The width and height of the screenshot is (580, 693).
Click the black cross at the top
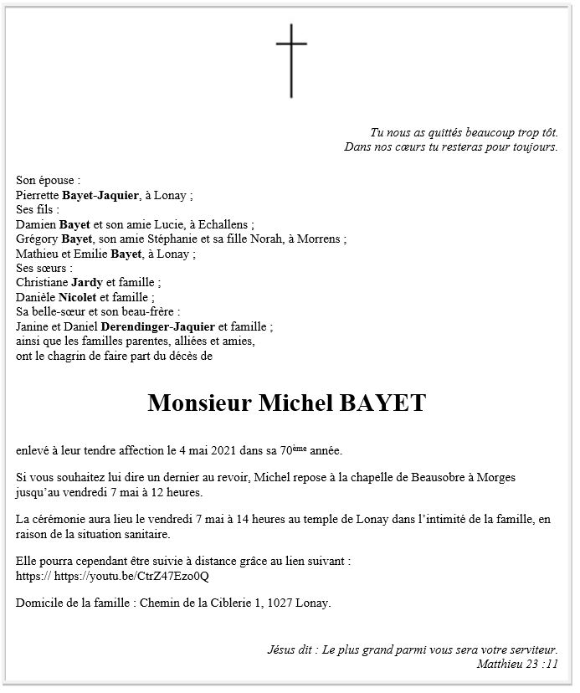(x=291, y=60)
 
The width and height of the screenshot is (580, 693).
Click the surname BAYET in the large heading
(x=382, y=403)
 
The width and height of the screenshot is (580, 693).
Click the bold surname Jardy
(x=87, y=283)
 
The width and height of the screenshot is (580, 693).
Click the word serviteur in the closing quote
(x=526, y=649)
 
